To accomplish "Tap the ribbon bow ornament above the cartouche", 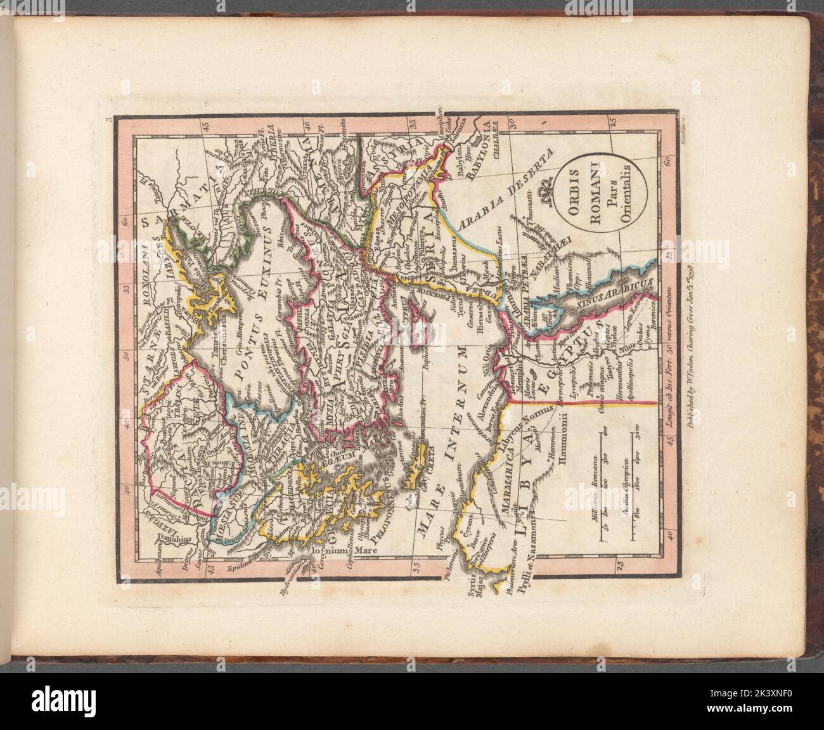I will pos(543,193).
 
